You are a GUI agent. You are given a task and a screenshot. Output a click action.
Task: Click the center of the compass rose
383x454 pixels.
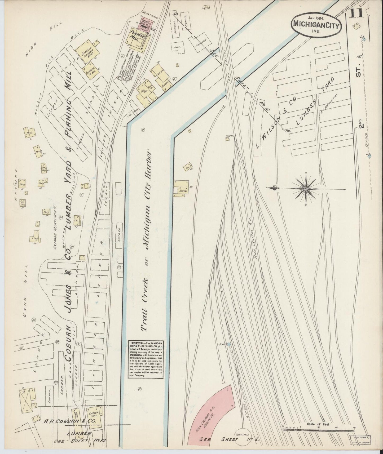(x=306, y=188)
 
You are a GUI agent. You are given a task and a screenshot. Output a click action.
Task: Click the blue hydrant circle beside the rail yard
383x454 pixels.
(x=229, y=345)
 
